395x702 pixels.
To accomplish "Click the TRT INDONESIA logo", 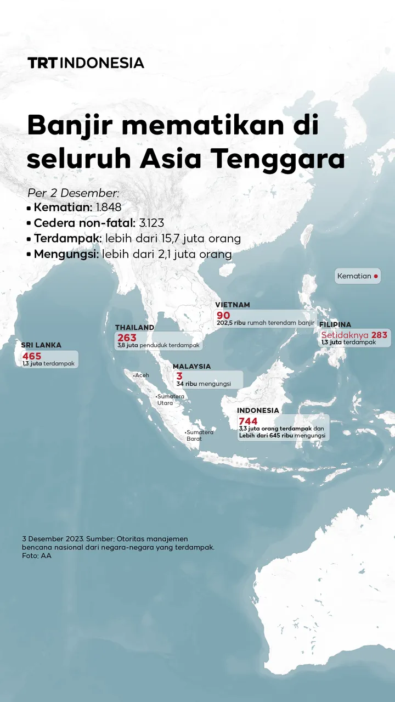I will (x=86, y=63).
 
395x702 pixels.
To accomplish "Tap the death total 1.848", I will (x=108, y=207).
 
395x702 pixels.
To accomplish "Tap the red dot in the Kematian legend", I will (x=376, y=276).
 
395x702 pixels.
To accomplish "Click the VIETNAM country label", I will (x=233, y=305).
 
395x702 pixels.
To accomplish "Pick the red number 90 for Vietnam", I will (x=223, y=315).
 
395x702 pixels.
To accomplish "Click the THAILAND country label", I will (x=134, y=328).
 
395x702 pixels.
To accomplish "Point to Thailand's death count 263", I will (x=127, y=338).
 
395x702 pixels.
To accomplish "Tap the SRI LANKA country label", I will (x=41, y=345).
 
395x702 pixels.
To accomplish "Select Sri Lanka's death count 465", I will (x=32, y=356).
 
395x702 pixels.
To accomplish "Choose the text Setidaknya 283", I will (x=354, y=335).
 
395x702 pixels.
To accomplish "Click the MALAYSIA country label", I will (x=191, y=366).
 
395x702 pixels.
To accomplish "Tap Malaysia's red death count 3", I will (x=179, y=376).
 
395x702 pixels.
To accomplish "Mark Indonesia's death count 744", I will (x=248, y=421).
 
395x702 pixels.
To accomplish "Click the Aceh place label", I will (x=142, y=375).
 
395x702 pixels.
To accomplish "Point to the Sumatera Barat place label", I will (x=200, y=435).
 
